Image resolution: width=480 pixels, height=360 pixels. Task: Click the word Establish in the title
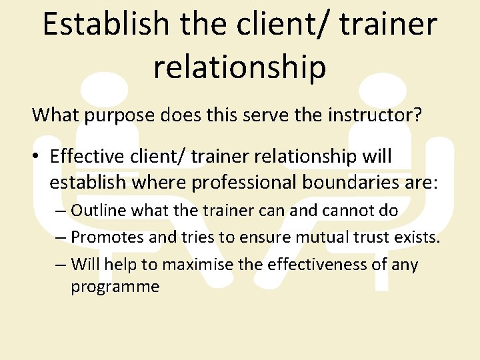(x=105, y=25)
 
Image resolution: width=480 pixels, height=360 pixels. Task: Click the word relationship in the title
(x=240, y=67)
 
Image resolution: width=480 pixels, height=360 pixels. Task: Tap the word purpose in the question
(x=115, y=115)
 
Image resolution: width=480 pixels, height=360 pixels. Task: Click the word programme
(x=115, y=287)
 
